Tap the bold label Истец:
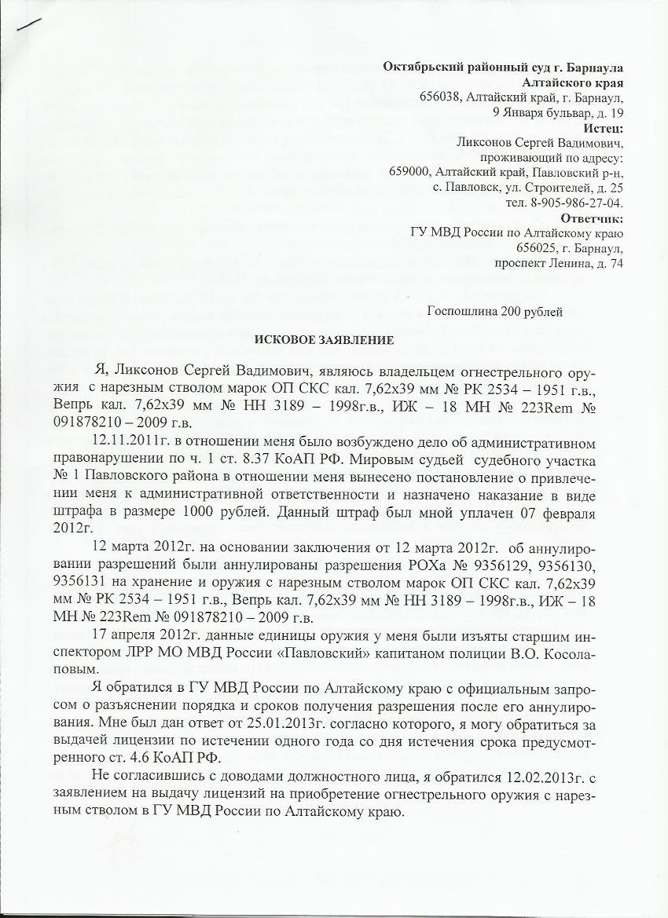[603, 128]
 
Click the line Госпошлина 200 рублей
[494, 311]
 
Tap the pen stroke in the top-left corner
[28, 21]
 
